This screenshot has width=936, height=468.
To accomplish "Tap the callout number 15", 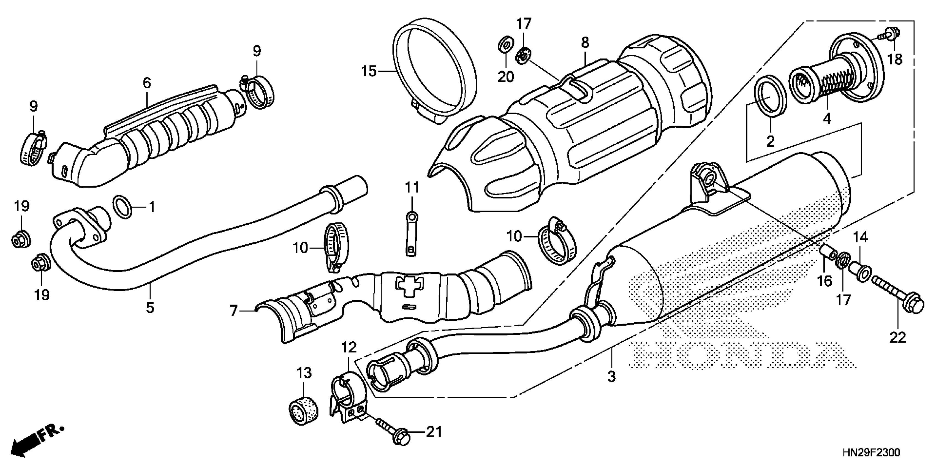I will point(369,72).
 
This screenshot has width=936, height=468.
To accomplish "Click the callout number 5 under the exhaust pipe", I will point(150,308).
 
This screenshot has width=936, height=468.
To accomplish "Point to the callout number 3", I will point(612,376).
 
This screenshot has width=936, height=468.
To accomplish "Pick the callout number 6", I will point(146,83).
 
